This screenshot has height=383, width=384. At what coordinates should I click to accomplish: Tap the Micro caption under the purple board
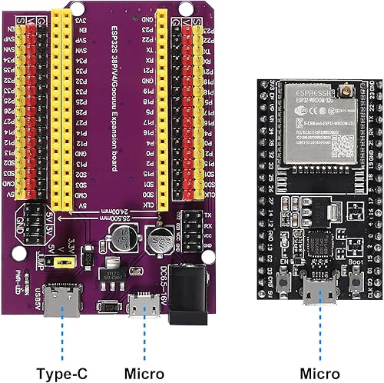coord(144,353)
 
